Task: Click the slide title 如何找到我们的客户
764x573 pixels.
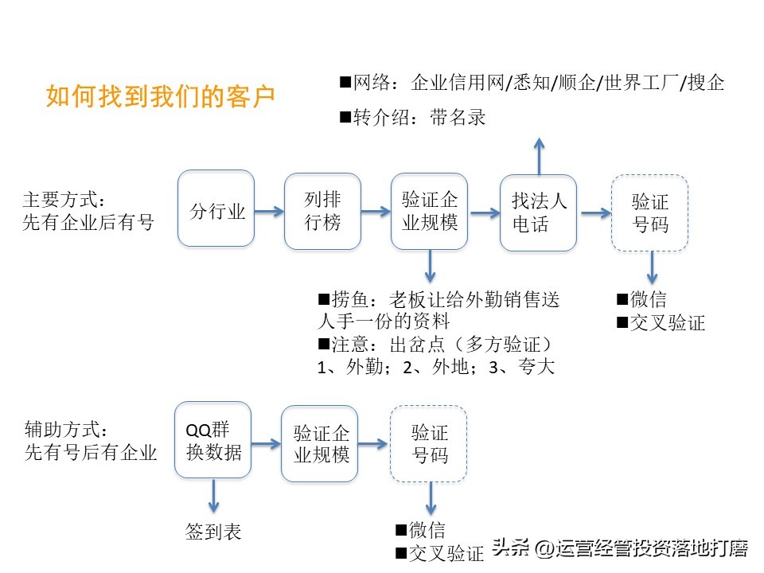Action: pos(161,97)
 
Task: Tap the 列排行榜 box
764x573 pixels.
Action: pos(323,210)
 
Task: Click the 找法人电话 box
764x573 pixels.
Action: pos(539,212)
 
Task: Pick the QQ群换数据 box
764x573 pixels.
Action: pos(212,441)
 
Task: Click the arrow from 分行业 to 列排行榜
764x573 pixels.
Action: pos(270,211)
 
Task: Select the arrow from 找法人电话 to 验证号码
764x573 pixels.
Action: pos(593,212)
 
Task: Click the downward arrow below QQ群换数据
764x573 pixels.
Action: pos(212,498)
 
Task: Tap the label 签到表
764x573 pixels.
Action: pos(212,532)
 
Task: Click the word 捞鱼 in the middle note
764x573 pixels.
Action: pos(350,300)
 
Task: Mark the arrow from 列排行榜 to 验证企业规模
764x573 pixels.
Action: pos(376,212)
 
